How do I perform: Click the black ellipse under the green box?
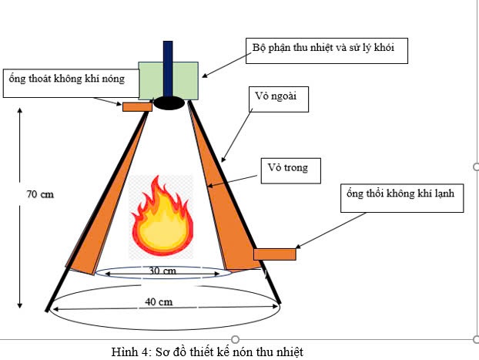click(x=169, y=101)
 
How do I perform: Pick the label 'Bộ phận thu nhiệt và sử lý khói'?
click(x=325, y=50)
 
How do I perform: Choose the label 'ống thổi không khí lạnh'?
click(x=401, y=197)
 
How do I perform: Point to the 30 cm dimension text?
click(x=162, y=271)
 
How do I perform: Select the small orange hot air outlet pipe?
click(x=137, y=106)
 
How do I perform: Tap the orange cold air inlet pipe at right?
click(x=275, y=253)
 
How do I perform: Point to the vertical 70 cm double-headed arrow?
click(x=19, y=208)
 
